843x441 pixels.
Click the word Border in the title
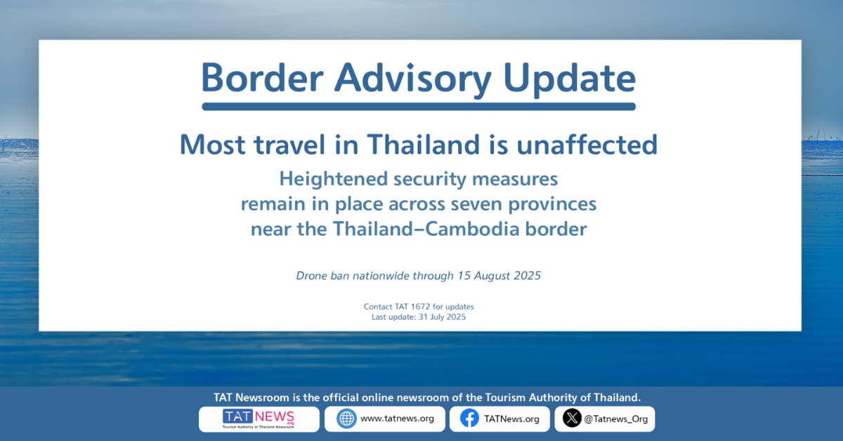(262, 78)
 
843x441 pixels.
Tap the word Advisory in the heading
(413, 80)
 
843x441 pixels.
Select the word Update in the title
(570, 80)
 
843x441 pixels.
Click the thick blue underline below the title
(419, 107)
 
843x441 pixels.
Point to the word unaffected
(587, 145)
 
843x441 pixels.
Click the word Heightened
(334, 179)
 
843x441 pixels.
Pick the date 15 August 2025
(499, 276)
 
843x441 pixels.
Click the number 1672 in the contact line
(420, 307)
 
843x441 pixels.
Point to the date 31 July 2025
(442, 317)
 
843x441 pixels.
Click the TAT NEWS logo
(259, 419)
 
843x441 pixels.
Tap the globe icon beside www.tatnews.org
(346, 419)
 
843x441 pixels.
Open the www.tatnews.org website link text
(397, 419)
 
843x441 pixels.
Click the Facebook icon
(470, 419)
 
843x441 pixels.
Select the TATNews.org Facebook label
(511, 419)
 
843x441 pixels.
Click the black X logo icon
(572, 418)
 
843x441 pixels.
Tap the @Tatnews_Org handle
(615, 419)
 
